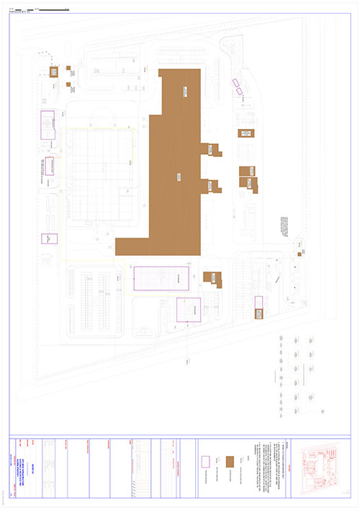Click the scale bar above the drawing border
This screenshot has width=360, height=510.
43,9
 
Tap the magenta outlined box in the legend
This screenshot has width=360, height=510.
204,461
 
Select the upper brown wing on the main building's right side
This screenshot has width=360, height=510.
214,148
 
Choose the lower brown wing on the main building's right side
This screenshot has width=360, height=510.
212,185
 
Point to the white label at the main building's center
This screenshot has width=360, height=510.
176,175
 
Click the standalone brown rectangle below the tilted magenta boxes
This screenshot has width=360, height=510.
245,133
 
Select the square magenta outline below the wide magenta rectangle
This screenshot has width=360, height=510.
189,310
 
